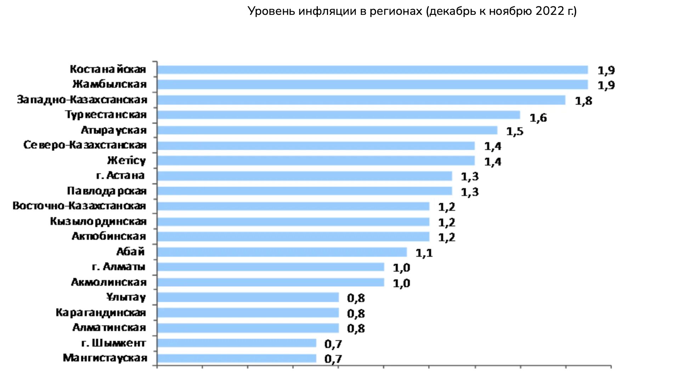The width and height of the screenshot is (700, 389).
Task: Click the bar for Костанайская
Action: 372,70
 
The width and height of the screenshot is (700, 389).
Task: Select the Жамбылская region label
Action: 109,84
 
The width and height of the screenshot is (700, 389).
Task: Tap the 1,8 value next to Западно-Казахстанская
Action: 583,101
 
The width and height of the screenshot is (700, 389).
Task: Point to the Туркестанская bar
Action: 338,115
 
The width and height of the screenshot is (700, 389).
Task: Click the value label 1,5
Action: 514,132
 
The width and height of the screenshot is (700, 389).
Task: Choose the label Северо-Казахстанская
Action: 85,145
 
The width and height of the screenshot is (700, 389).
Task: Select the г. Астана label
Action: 120,175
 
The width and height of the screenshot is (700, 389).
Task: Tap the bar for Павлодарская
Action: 305,191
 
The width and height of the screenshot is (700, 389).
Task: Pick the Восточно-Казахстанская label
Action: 79,206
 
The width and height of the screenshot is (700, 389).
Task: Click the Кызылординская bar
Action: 293,222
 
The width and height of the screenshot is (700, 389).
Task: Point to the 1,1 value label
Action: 424,253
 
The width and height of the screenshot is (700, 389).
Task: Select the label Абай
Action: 130,251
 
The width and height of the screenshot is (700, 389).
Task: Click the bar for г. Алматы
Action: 271,267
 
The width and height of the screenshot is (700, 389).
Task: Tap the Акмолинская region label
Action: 109,282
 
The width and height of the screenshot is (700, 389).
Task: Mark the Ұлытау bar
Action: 248,297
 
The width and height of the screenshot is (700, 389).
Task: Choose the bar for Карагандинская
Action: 248,313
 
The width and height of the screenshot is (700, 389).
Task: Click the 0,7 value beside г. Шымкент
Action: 333,344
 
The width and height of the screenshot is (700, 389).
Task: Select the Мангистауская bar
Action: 237,358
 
